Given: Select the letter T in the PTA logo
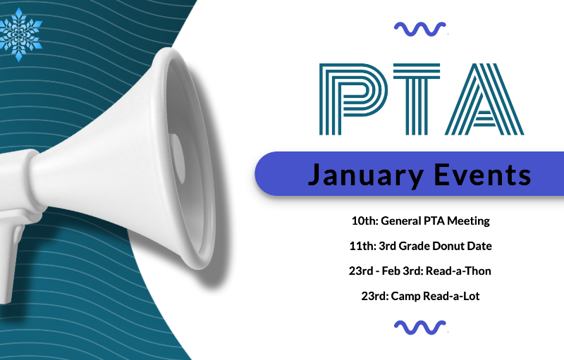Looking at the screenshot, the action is (417, 99).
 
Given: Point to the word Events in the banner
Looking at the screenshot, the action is (482, 174).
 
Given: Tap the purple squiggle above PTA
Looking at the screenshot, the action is (420, 30).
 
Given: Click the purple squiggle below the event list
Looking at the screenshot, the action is (420, 328).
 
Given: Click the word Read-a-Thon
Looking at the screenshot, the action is (458, 271).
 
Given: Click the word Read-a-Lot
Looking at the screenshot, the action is (451, 296).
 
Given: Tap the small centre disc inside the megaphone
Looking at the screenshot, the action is (177, 157).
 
